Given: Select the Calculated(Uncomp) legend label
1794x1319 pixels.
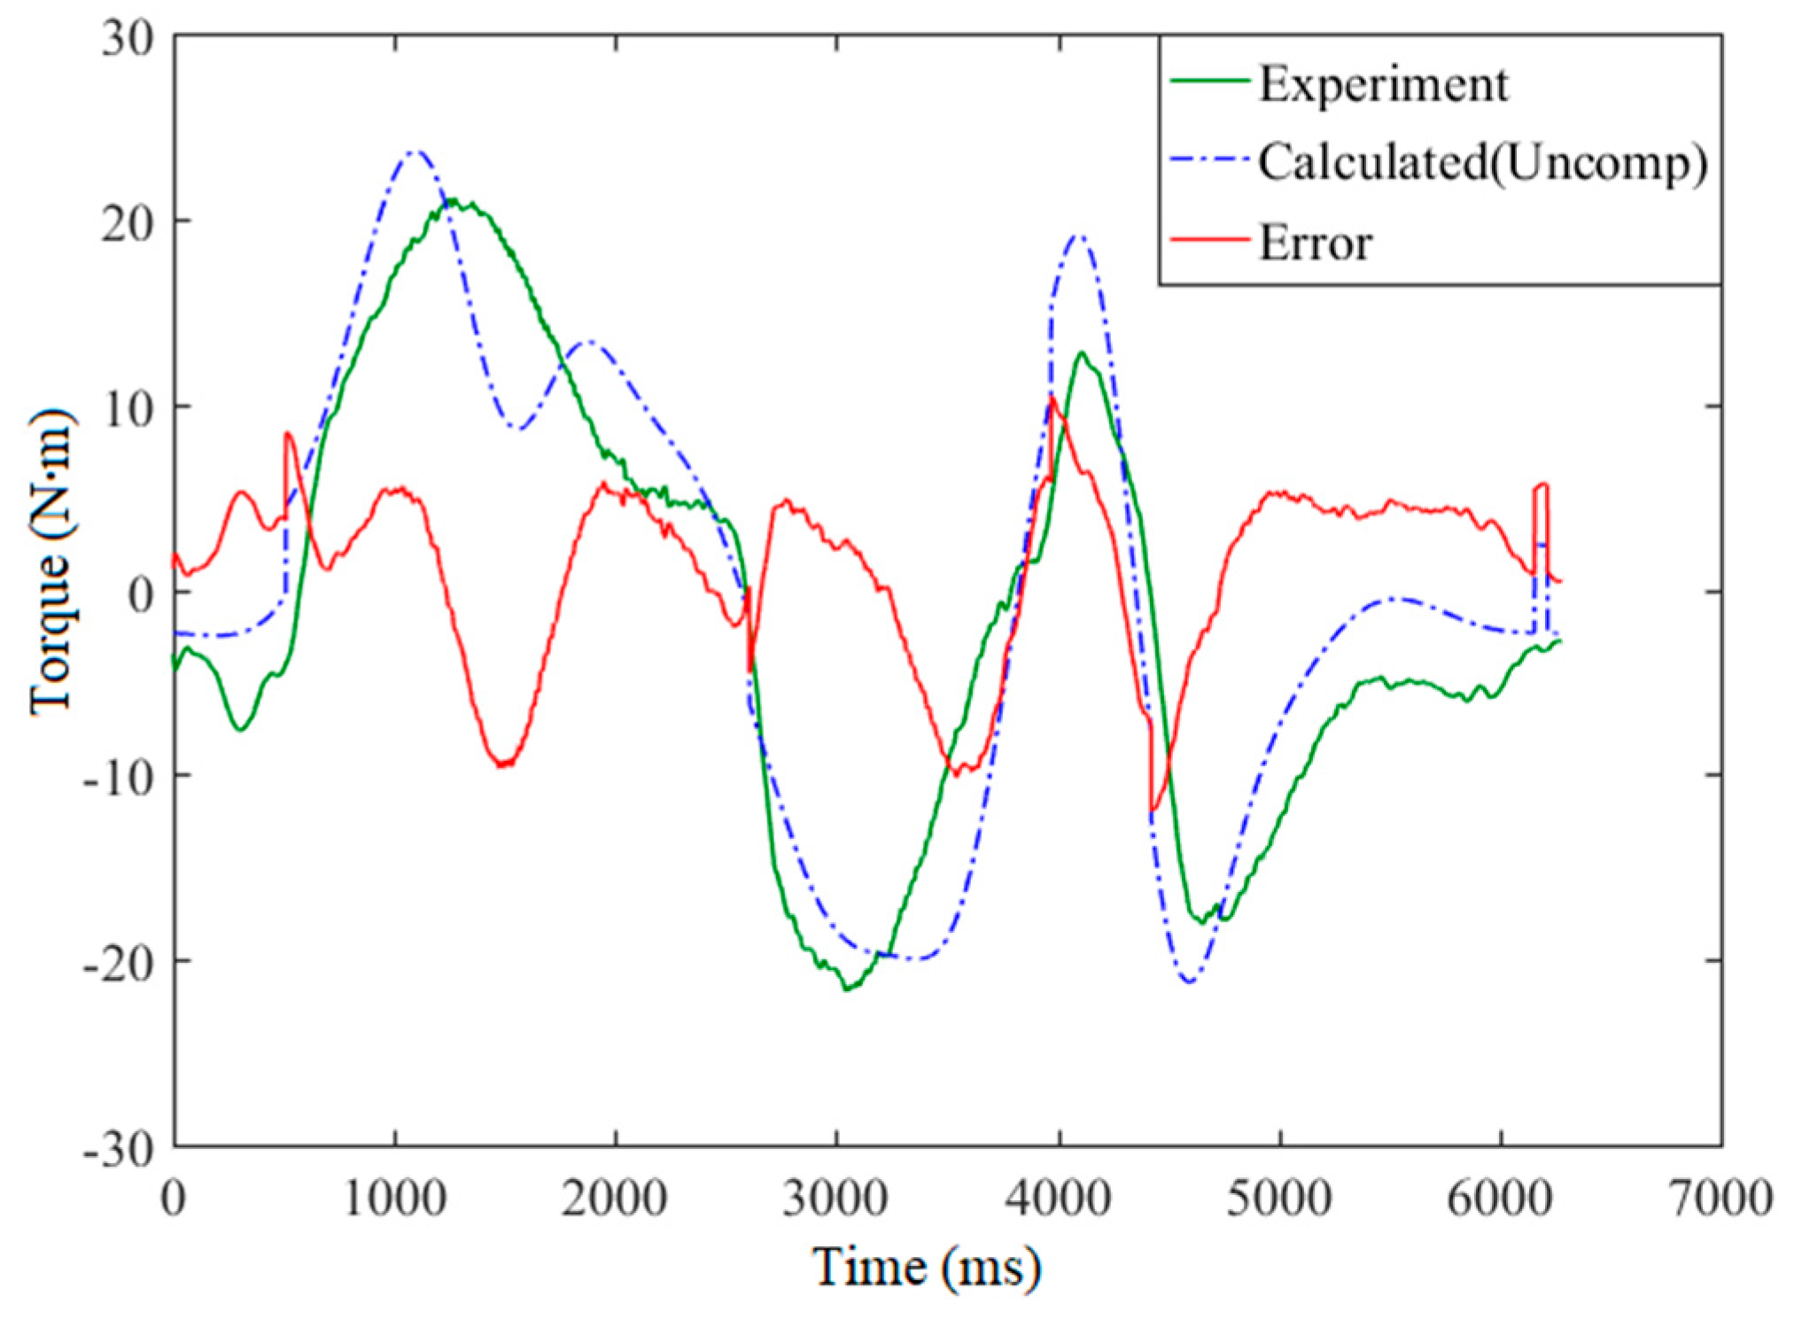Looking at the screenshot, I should tap(1482, 163).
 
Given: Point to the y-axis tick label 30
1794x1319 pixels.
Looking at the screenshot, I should tap(127, 39).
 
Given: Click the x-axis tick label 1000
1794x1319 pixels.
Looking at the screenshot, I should tap(394, 1199).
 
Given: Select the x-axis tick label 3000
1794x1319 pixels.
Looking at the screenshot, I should tap(835, 1199).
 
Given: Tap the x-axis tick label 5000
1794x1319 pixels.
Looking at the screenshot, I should tap(1278, 1199).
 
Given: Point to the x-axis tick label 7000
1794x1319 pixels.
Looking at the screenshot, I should tap(1720, 1199).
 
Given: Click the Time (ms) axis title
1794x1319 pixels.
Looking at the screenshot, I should tap(926, 1267).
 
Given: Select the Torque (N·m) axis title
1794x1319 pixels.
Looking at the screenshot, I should tap(51, 563).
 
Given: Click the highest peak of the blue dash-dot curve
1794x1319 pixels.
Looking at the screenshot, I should tap(415, 152).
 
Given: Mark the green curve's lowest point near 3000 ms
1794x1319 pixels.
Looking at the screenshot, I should tap(847, 989).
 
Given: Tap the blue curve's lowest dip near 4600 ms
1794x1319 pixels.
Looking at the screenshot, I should tap(1189, 981).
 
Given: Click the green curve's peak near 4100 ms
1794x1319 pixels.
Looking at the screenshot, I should tap(1082, 353).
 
